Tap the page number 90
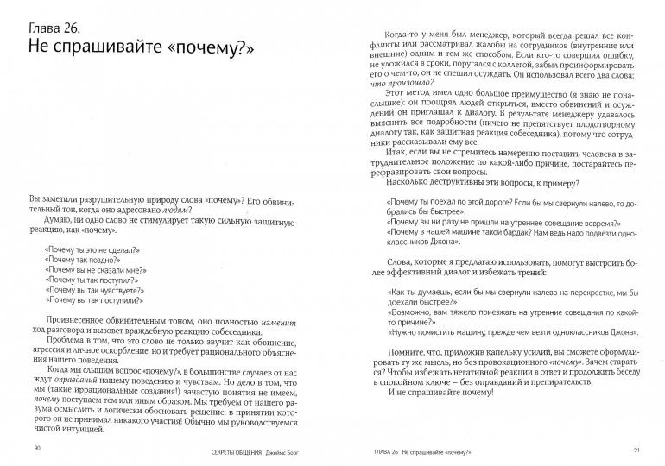pos(36,448)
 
